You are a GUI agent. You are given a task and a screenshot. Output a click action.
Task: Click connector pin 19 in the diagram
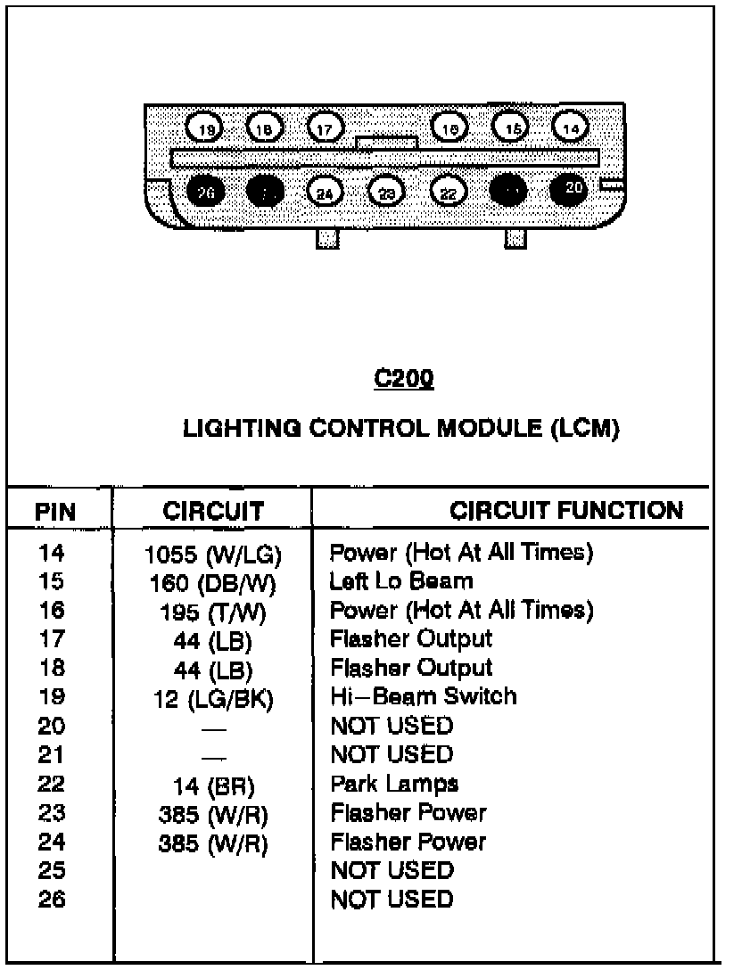tap(206, 129)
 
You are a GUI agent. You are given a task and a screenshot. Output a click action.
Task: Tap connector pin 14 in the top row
tap(571, 128)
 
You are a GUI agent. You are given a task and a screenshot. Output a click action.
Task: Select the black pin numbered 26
tap(206, 191)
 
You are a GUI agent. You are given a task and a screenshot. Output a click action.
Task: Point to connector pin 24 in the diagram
tap(325, 191)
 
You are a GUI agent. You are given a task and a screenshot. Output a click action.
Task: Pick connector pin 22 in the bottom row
tap(449, 191)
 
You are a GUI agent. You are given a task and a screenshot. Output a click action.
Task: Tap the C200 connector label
tap(403, 379)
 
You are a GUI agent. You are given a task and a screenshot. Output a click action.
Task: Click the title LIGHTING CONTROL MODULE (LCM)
tap(400, 429)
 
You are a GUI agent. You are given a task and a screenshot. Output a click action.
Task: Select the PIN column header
tap(54, 512)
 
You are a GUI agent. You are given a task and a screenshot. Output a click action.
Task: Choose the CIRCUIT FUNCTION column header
tap(566, 510)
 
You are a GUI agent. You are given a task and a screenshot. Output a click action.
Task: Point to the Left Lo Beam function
tap(401, 581)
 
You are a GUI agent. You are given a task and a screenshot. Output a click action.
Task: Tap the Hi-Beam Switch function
tap(423, 695)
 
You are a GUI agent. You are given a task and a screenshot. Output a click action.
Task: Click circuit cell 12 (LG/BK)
tap(213, 699)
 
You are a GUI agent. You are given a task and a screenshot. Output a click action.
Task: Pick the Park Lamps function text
tap(394, 784)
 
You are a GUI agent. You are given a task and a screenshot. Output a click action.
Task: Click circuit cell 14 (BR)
tap(213, 786)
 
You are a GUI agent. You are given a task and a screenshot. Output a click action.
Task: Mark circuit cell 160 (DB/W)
tap(213, 583)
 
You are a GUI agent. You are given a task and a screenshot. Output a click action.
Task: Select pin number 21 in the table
tap(52, 754)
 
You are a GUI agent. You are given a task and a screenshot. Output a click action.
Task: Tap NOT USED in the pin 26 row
tap(392, 900)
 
